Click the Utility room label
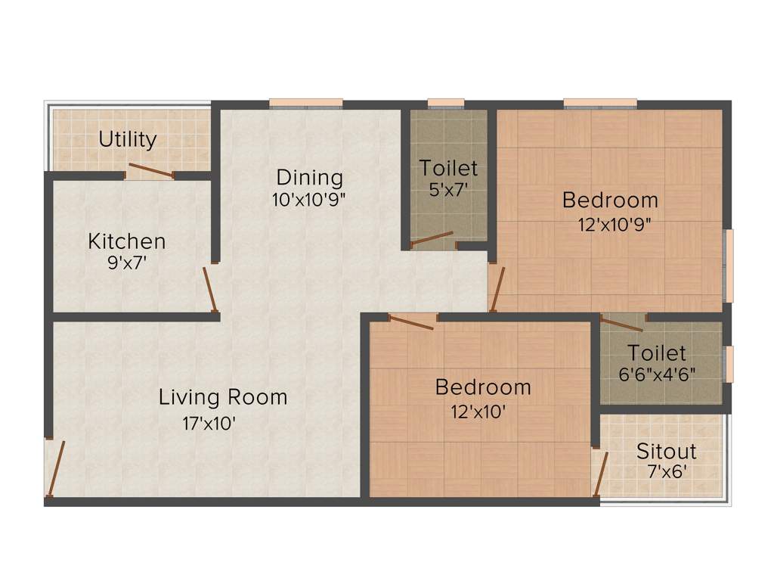pos(128,139)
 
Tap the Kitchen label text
pos(127,241)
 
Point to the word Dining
pos(309,178)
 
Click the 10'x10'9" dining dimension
pos(309,200)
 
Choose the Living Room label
pos(223,397)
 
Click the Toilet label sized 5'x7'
pos(449,167)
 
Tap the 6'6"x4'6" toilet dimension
pos(656,374)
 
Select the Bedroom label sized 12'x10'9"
pos(610,200)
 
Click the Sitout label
pos(666,452)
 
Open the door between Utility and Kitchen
pos(150,169)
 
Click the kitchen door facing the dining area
pos(210,289)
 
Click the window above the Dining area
pos(306,103)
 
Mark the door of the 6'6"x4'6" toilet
pos(622,324)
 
